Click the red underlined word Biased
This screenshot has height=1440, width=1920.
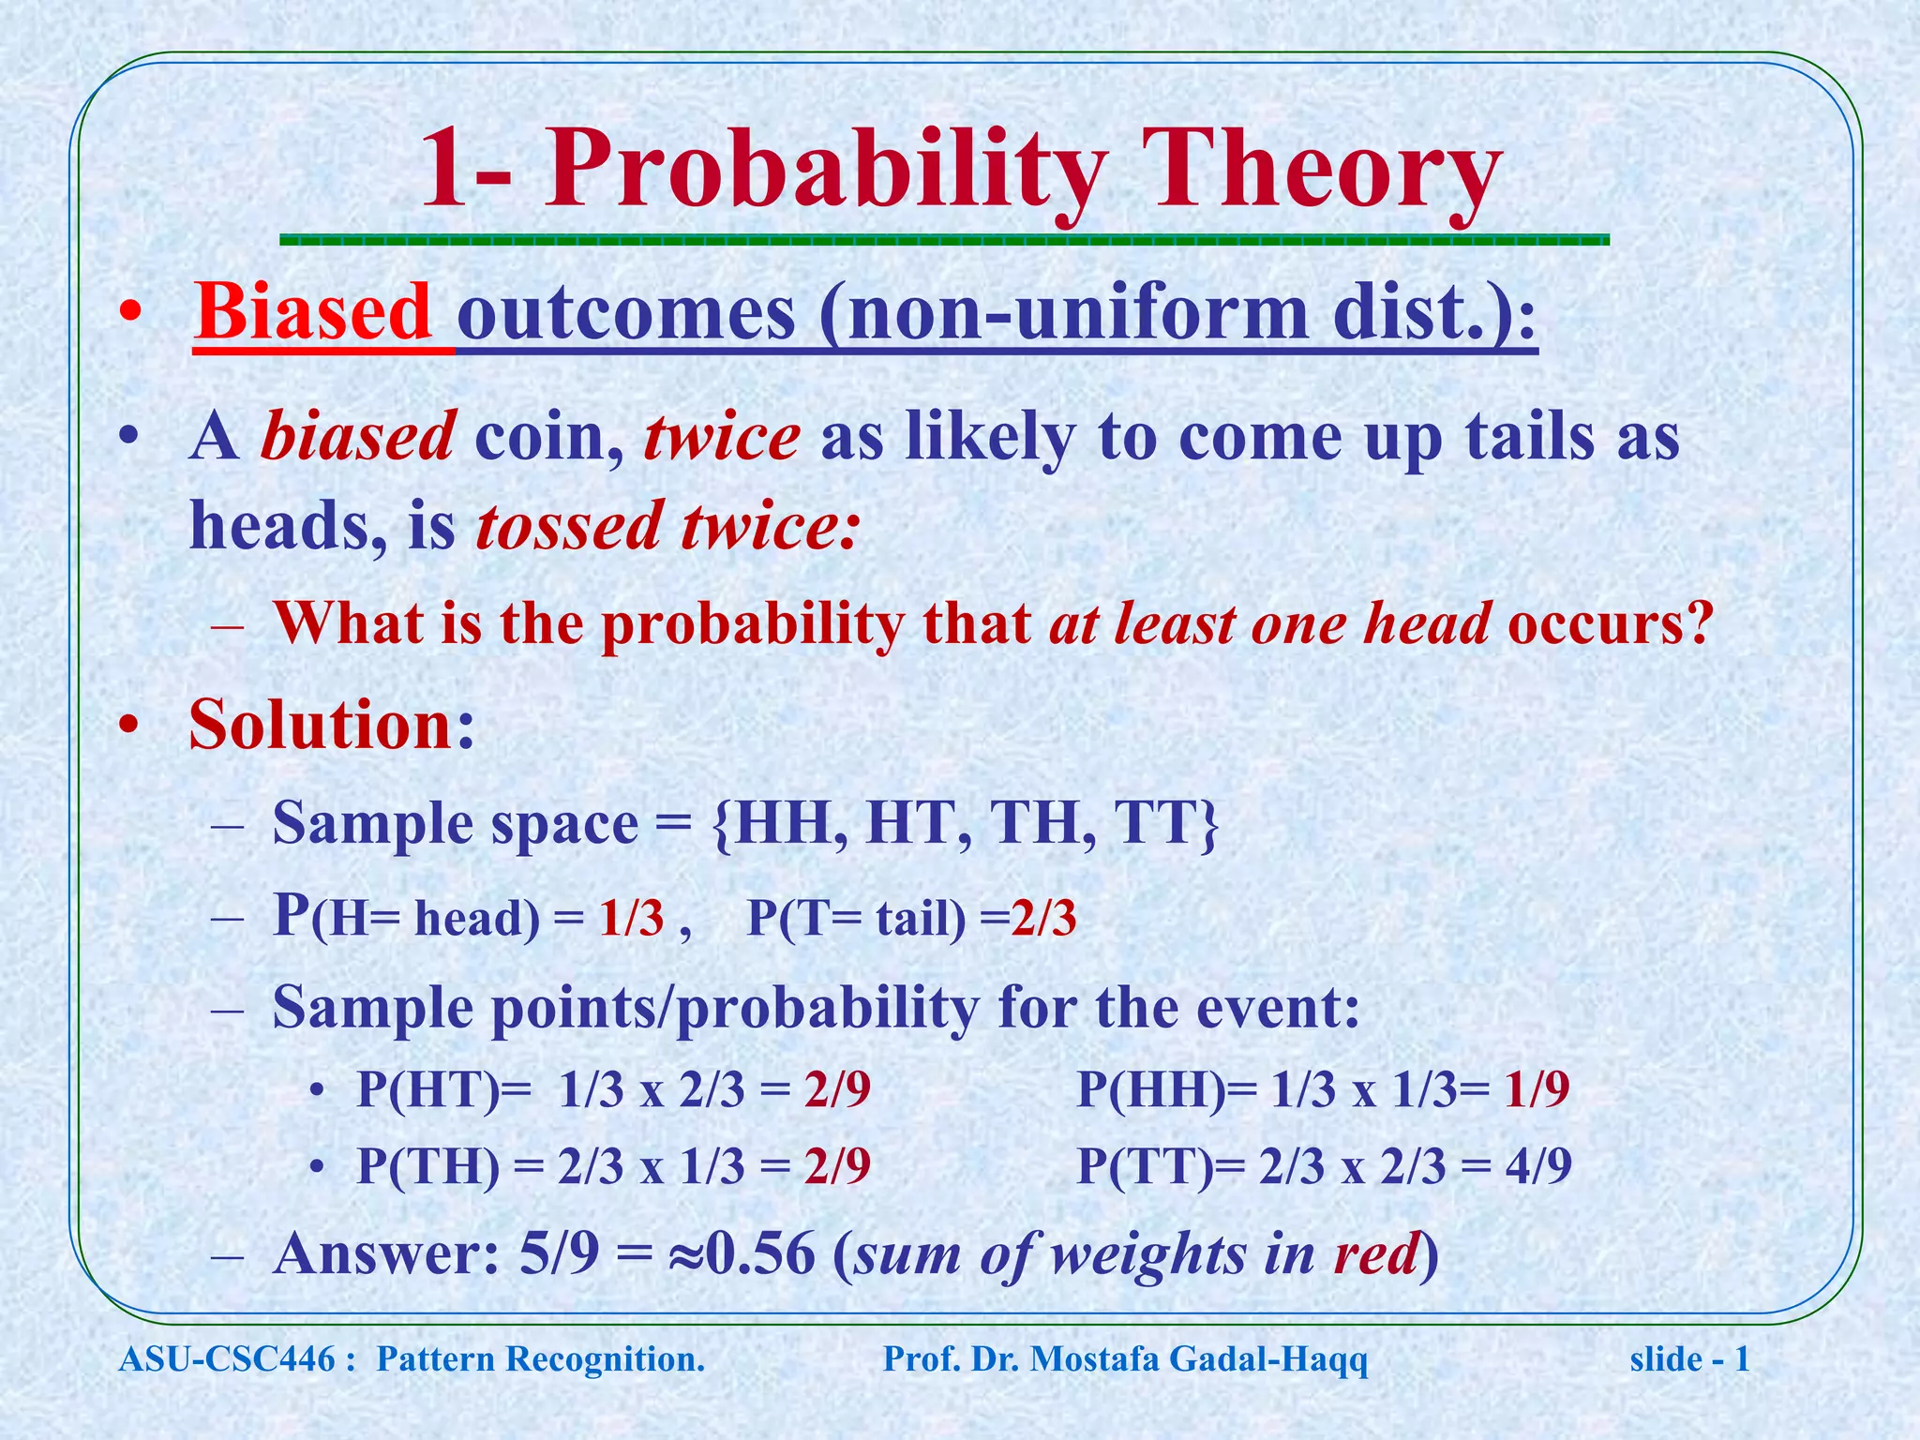[x=313, y=312]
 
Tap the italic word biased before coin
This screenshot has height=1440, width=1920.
[x=358, y=437]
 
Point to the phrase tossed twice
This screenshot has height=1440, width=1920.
[x=667, y=526]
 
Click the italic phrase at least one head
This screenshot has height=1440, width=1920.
[x=1269, y=622]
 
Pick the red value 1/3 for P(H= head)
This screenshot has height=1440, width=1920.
[x=631, y=919]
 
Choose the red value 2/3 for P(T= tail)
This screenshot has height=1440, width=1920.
[x=1043, y=919]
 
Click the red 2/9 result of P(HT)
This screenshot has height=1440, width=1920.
[x=837, y=1090]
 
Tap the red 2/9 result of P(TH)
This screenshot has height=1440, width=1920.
[x=837, y=1167]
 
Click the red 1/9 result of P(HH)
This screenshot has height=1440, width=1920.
[x=1537, y=1090]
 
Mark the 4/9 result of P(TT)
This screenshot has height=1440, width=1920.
[x=1538, y=1167]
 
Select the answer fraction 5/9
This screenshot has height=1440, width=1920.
[x=559, y=1253]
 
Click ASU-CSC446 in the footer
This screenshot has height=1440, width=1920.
[x=226, y=1358]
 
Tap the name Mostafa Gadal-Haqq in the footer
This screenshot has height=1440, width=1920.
[x=1199, y=1358]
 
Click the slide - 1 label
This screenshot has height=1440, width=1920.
[x=1689, y=1358]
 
